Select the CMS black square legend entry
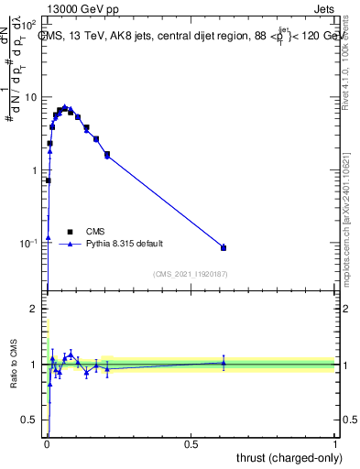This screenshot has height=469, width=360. pos(70,232)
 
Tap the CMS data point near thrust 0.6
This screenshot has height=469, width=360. pos(224,247)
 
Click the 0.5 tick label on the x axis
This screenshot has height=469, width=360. pos(191,443)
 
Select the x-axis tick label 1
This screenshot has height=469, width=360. pos(335,443)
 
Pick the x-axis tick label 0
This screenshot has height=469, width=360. pos(46,443)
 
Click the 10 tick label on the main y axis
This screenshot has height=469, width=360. pos(31,97)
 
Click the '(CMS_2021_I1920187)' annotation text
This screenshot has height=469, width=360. pos(191,273)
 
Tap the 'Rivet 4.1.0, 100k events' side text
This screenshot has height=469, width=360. pos(345,69)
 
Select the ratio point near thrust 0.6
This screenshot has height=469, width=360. pos(224,363)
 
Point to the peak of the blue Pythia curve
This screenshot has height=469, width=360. pos(64,107)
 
